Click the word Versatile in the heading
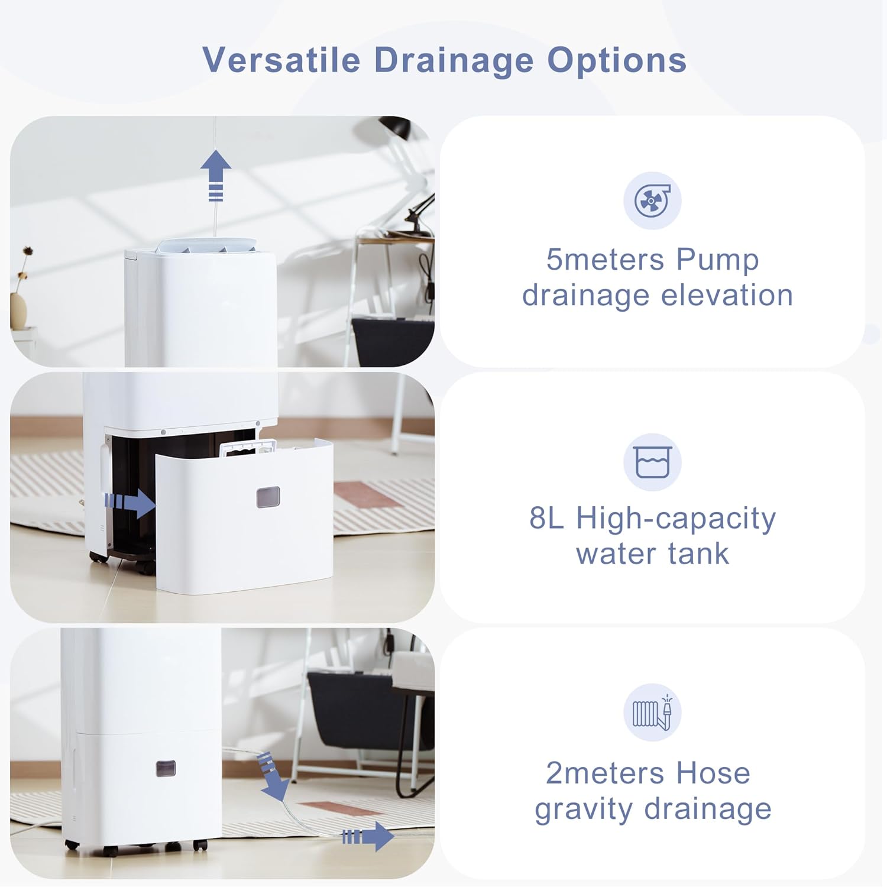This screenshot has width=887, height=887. pos(281,60)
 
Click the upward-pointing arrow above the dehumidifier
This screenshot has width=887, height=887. pos(216,175)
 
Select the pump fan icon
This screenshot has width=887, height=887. pos(652,200)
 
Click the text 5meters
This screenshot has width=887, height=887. pos(596,260)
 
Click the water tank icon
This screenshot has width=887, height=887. pos(652,462)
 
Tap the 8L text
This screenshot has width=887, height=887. pos(546,518)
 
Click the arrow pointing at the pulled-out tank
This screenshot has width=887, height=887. pos(130,503)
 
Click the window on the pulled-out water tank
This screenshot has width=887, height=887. pos(268,498)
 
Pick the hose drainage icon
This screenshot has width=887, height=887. pos(652,712)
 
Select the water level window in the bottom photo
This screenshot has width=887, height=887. pos(166,769)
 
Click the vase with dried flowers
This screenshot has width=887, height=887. pos(19,307)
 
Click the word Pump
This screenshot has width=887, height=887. pos(717,260)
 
